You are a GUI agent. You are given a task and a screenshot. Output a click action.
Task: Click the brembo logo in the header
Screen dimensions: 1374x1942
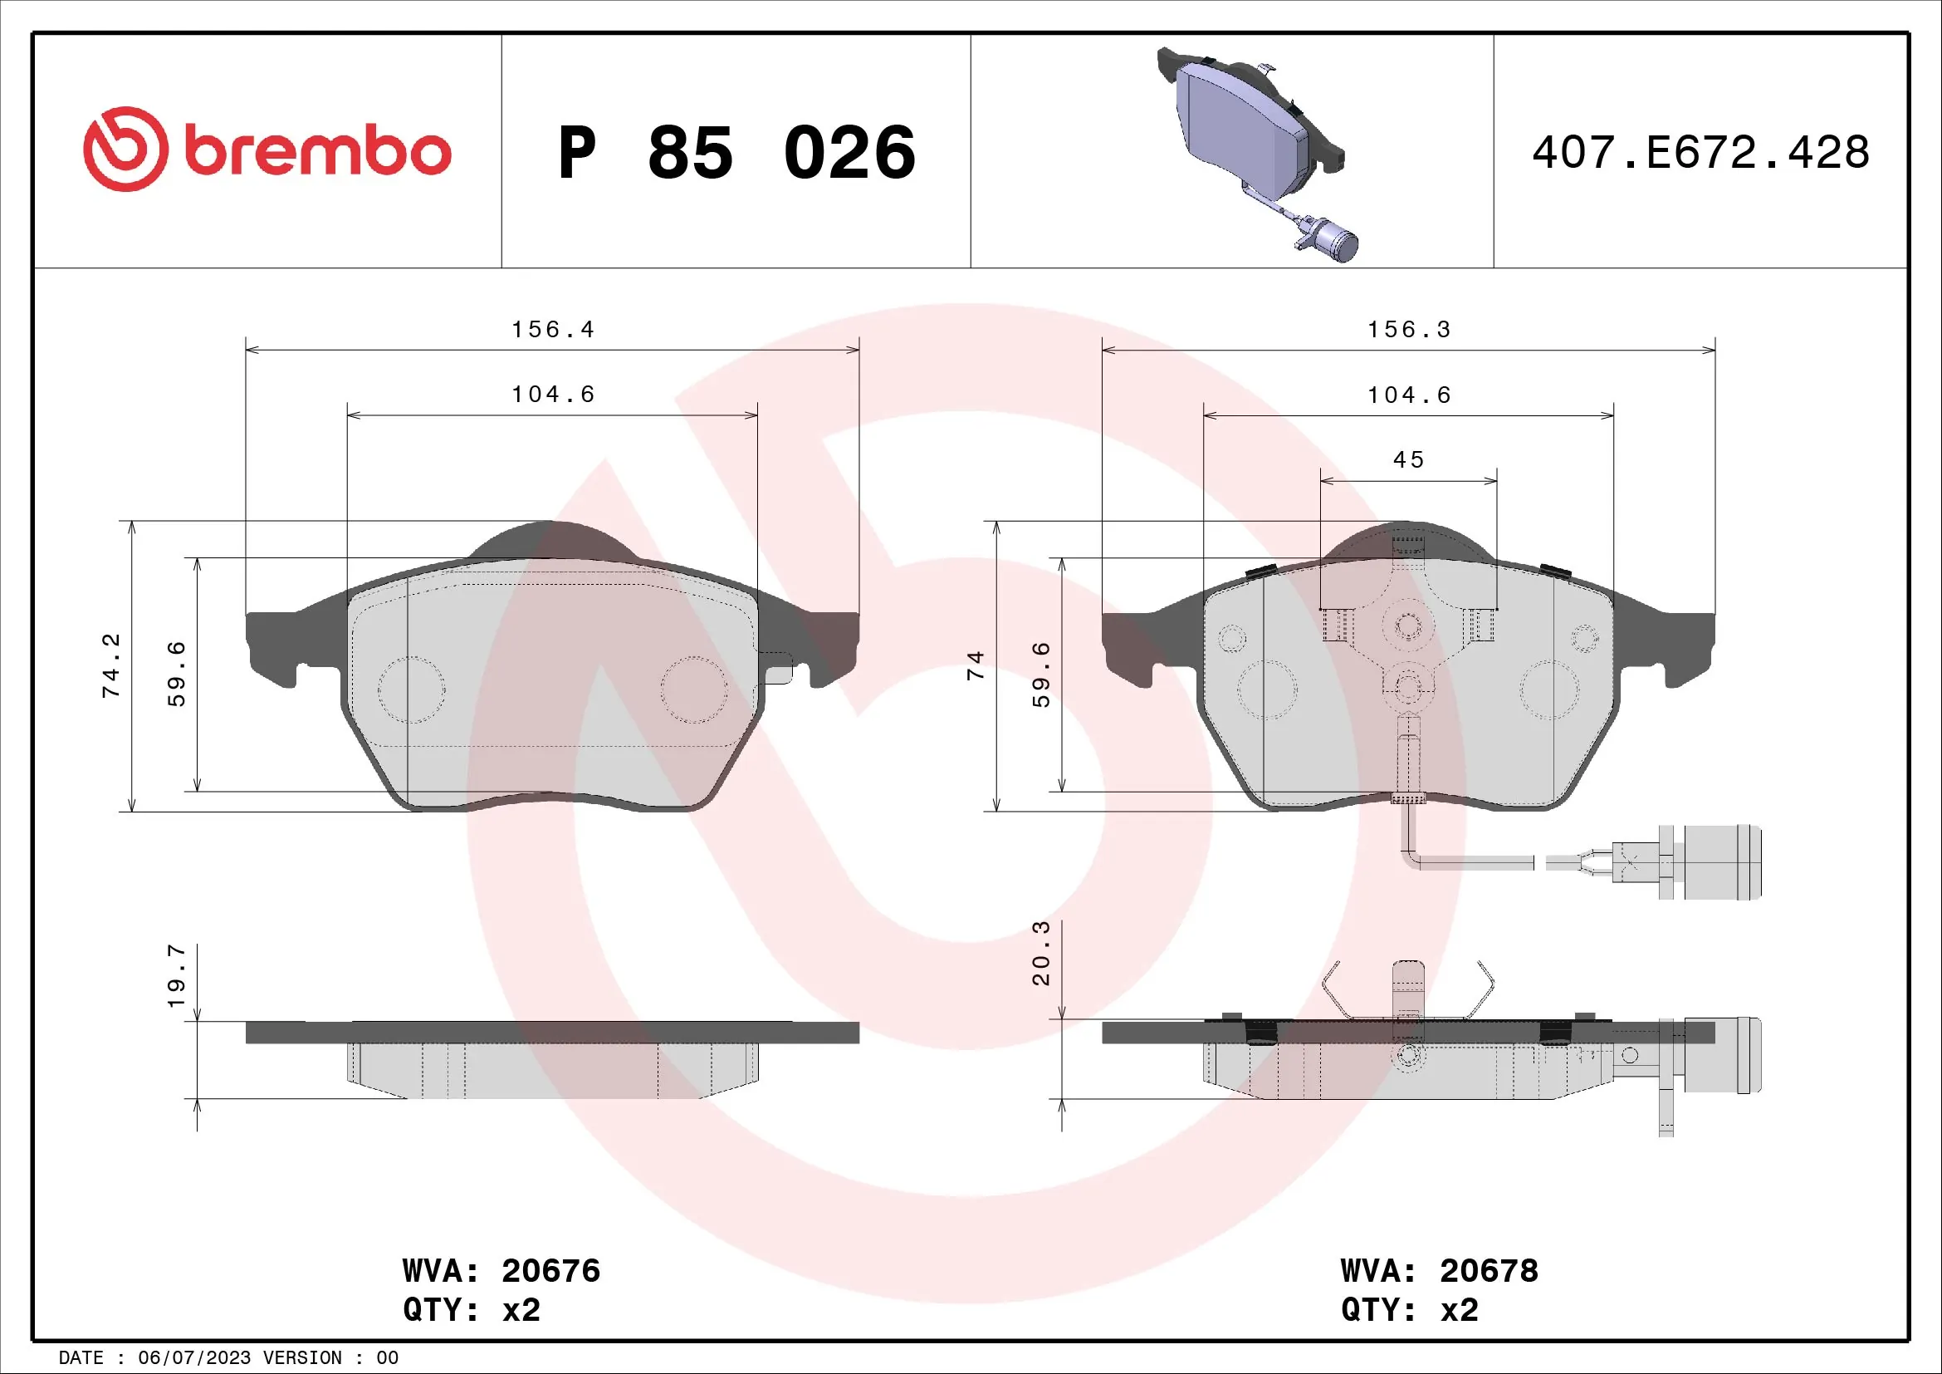pos(267,150)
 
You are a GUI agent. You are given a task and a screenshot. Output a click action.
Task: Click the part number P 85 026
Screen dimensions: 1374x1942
pos(736,153)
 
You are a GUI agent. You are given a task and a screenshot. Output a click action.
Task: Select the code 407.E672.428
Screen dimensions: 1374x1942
pos(1700,153)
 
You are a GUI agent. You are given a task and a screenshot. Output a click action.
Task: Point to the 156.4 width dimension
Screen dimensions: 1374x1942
pos(552,329)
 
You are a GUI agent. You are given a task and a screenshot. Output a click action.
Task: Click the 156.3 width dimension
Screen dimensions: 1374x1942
pos(1409,329)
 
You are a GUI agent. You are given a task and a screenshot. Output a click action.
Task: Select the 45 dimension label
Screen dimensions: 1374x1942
pos(1409,459)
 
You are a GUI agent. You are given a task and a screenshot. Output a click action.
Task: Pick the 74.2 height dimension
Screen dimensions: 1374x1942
pos(110,665)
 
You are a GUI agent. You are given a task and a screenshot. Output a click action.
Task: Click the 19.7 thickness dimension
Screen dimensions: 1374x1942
pos(176,975)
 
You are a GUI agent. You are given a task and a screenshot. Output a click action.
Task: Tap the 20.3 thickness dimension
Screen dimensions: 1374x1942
pos(1040,953)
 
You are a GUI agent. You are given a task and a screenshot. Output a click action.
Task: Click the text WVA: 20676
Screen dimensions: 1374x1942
pos(501,1270)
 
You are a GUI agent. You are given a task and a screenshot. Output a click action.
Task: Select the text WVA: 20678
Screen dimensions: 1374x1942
pos(1439,1270)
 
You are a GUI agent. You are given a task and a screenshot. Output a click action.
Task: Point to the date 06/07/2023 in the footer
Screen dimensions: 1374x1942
pos(193,1358)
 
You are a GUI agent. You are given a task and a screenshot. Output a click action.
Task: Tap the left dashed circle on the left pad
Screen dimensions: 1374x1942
pos(411,689)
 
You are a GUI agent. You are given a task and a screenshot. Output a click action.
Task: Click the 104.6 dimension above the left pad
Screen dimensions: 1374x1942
pos(552,395)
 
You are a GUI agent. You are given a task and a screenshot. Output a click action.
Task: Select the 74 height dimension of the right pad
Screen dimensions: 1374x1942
pos(976,665)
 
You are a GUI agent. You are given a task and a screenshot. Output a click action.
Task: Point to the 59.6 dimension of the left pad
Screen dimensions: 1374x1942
pos(176,674)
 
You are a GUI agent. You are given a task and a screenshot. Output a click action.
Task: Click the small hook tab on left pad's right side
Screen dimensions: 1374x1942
pos(779,668)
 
